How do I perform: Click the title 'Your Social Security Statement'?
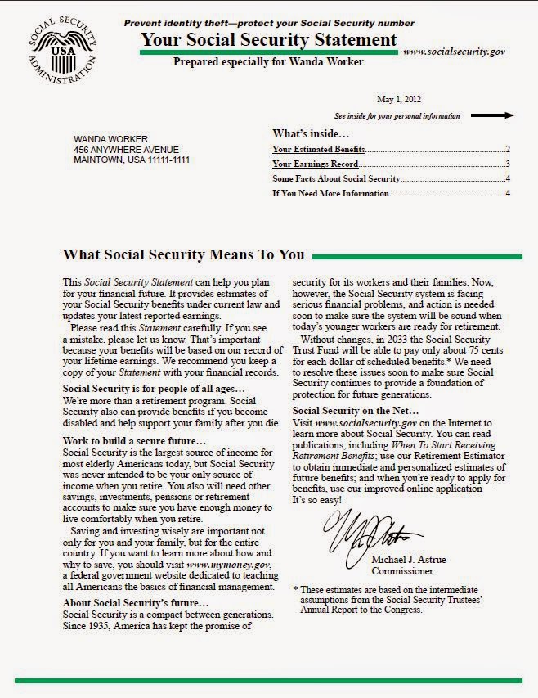(x=269, y=39)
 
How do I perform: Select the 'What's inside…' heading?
(x=310, y=133)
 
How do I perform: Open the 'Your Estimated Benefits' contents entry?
(x=319, y=150)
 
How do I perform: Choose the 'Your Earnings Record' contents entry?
(x=316, y=164)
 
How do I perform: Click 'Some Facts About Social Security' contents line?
(x=336, y=178)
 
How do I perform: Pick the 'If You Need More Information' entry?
(x=331, y=193)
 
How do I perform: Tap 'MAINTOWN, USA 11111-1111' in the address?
(x=132, y=160)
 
